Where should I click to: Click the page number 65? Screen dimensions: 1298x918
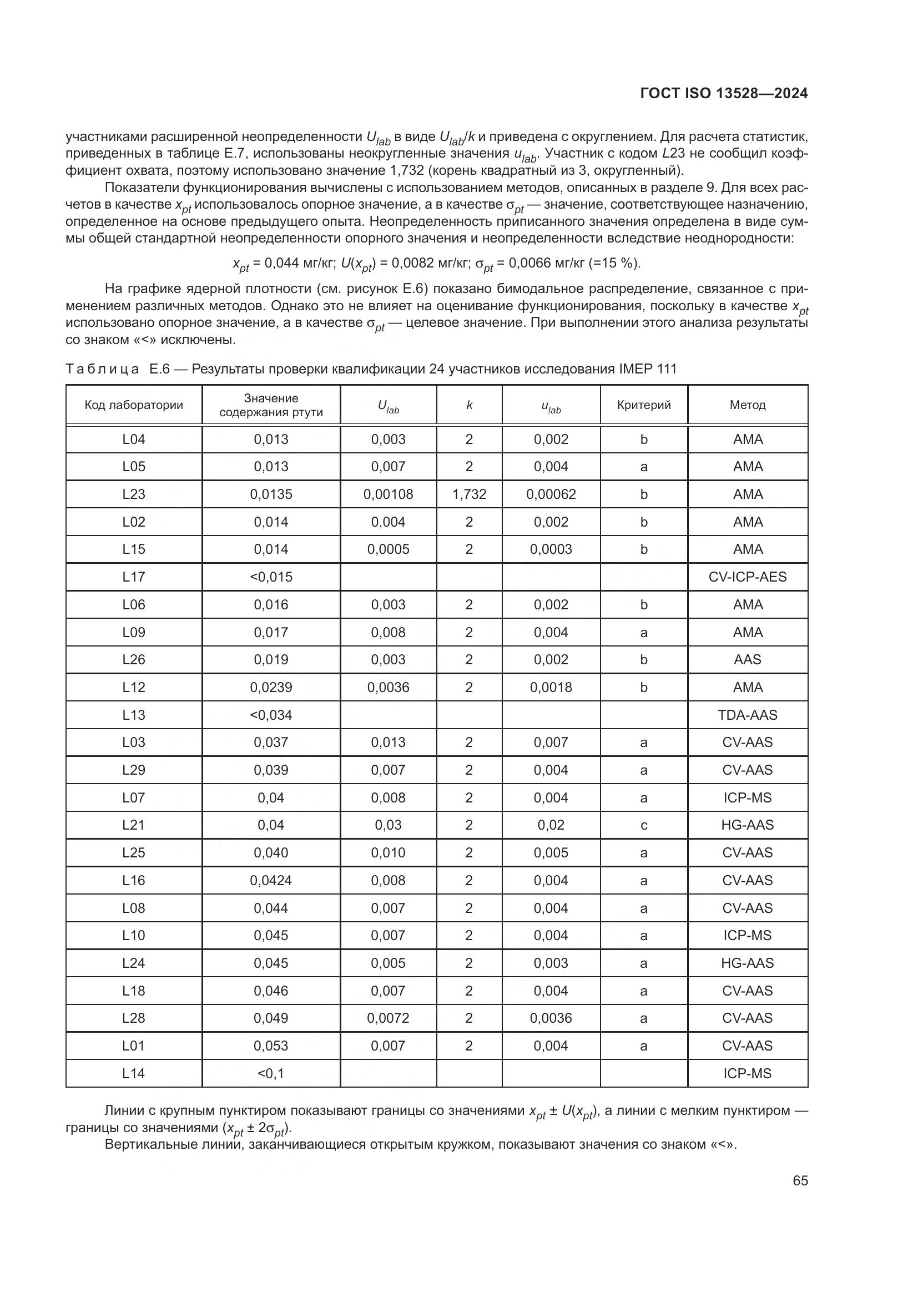click(800, 1180)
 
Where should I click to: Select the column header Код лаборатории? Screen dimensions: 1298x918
click(134, 405)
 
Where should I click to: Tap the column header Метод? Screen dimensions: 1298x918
click(747, 405)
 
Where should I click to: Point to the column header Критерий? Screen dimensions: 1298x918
click(644, 405)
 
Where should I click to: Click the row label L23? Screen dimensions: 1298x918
click(134, 494)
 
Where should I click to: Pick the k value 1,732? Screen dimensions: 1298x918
click(469, 494)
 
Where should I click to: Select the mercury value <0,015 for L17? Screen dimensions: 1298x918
click(271, 577)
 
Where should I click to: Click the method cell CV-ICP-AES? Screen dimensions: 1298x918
click(747, 577)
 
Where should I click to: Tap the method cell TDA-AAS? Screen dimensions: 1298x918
click(747, 715)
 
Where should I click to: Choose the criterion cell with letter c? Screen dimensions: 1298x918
click(644, 825)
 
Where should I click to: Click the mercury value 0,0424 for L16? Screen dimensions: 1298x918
click(271, 880)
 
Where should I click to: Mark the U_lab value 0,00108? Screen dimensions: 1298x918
click(389, 494)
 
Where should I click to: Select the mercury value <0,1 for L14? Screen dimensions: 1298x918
click(271, 1073)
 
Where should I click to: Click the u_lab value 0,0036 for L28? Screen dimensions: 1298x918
click(551, 1018)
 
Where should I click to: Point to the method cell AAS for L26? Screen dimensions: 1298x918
click(747, 659)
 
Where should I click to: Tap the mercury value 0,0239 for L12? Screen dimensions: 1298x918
click(271, 687)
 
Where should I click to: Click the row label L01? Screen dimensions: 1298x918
click(134, 1046)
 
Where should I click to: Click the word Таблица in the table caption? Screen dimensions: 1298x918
click(102, 369)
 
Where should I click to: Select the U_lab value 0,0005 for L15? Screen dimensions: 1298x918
click(389, 549)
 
